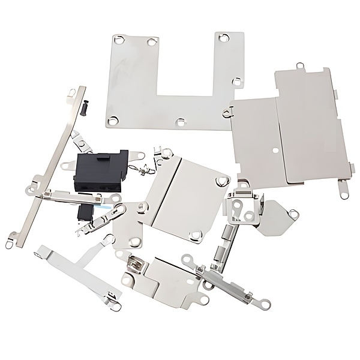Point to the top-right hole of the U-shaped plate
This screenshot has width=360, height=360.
tap(224, 37)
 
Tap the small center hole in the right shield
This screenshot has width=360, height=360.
tap(274, 145)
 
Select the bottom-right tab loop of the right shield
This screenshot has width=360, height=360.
tap(343, 193)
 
